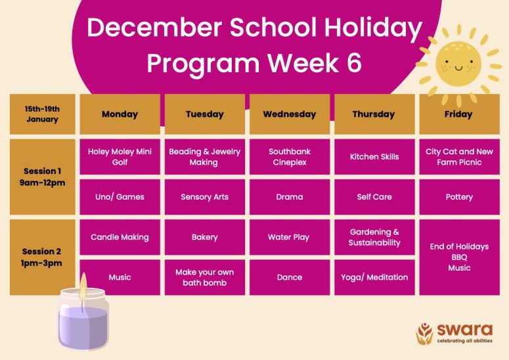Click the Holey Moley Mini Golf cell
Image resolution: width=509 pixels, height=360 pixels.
pos(120,157)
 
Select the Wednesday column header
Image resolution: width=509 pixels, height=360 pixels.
pos(290,114)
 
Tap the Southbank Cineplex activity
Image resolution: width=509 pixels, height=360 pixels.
pos(290,157)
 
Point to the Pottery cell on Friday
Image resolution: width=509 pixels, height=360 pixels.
pos(459,197)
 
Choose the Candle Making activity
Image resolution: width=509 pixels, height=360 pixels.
pos(120,237)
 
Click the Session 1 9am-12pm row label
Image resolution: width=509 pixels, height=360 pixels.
pos(42,177)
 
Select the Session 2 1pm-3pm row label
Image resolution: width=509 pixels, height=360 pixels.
pos(42,258)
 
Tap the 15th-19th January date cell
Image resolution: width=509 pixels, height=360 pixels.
pos(42,114)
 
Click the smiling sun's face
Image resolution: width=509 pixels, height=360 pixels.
pos(458,64)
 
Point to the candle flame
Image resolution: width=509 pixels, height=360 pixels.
pos(83,286)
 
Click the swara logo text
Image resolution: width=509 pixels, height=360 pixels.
pos(464,330)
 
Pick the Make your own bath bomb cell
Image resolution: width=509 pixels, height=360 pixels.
pos(205,277)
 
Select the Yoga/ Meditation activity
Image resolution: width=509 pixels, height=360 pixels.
pos(374,277)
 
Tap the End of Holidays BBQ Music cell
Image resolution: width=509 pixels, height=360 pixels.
pos(459,258)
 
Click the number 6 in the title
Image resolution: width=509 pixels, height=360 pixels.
pos(354,62)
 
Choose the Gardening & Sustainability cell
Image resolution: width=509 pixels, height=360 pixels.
pos(374,237)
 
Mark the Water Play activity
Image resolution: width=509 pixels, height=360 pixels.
pos(290,237)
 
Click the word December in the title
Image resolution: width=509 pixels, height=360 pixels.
pos(154,28)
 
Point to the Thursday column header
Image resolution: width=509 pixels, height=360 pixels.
pos(374,114)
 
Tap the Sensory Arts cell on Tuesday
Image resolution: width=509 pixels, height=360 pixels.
pos(205,197)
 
